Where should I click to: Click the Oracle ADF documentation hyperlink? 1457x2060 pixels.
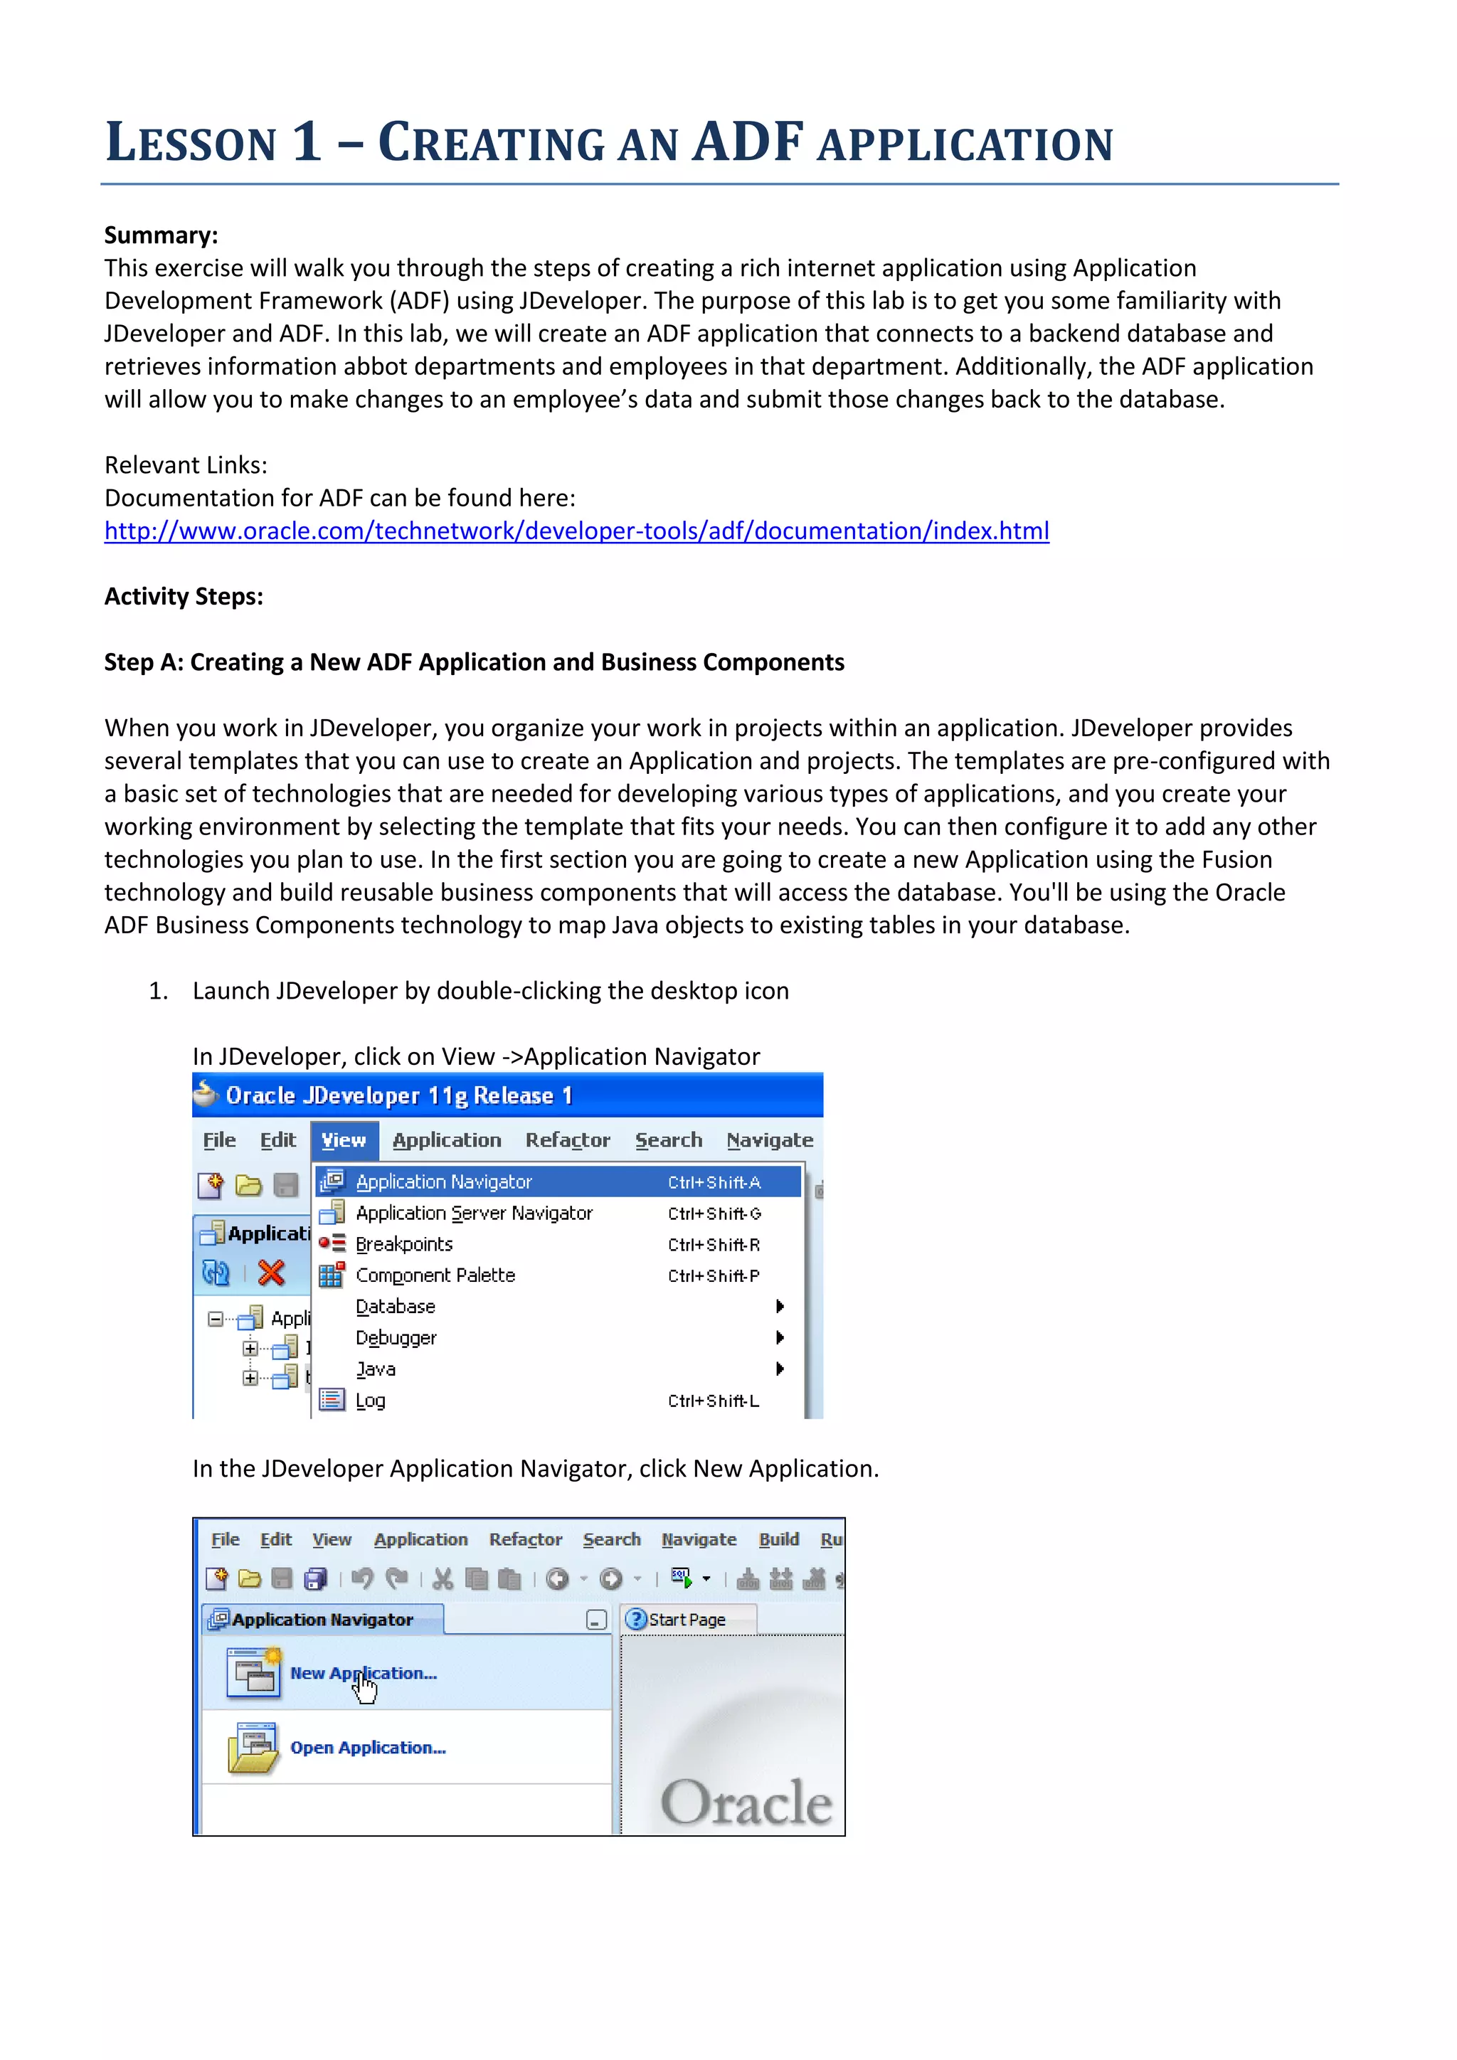(x=576, y=531)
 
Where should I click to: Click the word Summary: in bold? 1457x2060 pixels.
(x=161, y=235)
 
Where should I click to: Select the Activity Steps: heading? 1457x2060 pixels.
(x=183, y=597)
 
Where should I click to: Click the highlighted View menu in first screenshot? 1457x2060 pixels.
(x=344, y=1140)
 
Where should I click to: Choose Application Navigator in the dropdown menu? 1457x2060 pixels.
(x=444, y=1182)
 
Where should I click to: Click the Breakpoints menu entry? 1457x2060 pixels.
(x=403, y=1244)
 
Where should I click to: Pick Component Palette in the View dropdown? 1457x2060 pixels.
(x=435, y=1276)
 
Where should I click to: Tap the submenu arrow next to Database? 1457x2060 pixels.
(x=780, y=1306)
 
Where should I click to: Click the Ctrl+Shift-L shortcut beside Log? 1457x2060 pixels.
(x=714, y=1401)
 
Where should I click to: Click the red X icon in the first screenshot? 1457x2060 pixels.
(x=271, y=1273)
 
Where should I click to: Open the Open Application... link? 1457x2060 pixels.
(x=368, y=1748)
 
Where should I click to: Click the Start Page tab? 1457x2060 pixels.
(x=687, y=1620)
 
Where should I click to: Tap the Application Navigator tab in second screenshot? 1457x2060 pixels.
(x=322, y=1620)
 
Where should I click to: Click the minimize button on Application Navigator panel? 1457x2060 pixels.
(x=595, y=1620)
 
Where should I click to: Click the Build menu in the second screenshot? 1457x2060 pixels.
(x=779, y=1539)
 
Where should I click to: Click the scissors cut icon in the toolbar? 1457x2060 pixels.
(x=443, y=1579)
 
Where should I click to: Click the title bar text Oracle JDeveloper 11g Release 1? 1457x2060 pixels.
(x=398, y=1095)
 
